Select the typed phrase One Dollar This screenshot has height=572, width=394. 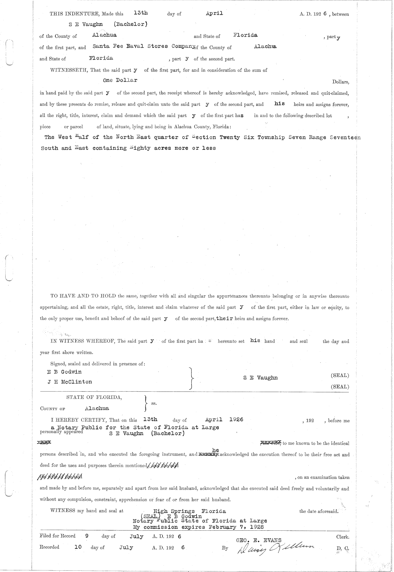coord(120,80)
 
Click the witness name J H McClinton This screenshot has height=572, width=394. coord(70,382)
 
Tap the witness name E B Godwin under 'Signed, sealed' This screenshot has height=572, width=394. coord(64,372)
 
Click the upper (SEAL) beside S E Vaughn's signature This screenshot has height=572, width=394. coord(340,376)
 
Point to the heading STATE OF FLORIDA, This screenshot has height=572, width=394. coord(94,397)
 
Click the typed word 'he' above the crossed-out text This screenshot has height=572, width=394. coord(215,450)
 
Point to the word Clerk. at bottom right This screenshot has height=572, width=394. coord(342,537)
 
